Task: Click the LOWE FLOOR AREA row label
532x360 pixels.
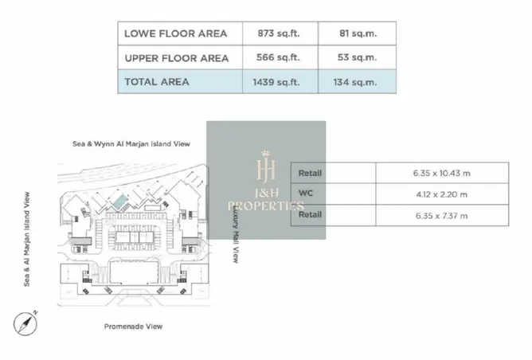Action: [x=175, y=33]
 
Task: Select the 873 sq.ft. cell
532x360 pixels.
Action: [x=279, y=33]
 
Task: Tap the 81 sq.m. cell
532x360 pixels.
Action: [x=358, y=33]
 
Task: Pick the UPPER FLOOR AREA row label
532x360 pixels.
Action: [x=177, y=58]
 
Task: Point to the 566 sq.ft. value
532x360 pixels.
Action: [x=278, y=57]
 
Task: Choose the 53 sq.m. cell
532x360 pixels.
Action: [x=357, y=57]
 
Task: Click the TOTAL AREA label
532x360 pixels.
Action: [x=157, y=82]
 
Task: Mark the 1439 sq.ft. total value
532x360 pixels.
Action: [x=276, y=82]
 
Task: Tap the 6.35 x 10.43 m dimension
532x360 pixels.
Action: [x=442, y=173]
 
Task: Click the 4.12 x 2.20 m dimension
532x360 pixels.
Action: [x=442, y=194]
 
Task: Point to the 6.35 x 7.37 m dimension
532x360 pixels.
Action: [x=442, y=216]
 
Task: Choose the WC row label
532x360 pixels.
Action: [x=305, y=194]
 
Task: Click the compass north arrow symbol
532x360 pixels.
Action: [x=25, y=323]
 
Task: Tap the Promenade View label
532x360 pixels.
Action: [x=133, y=327]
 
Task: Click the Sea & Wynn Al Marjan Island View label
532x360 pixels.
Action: [x=131, y=144]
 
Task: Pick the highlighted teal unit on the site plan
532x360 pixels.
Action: [x=121, y=202]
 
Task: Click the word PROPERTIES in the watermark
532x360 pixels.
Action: [x=266, y=206]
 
